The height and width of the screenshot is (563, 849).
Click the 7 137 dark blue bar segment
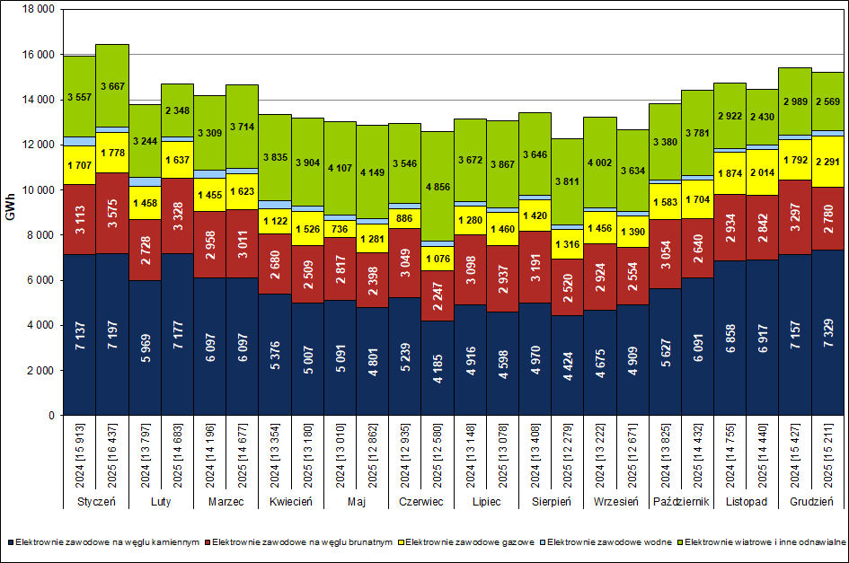[79, 335]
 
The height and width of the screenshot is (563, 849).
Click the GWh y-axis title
[11, 213]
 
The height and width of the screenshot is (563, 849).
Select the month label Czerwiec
[421, 501]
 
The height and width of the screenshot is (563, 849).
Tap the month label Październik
[680, 501]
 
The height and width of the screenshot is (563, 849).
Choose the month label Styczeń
[96, 501]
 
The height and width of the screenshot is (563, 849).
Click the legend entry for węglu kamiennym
[103, 542]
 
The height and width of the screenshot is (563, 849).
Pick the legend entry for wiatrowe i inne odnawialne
[763, 542]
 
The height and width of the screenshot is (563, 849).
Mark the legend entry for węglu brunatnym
[295, 542]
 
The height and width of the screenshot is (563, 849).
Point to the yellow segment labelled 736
[340, 228]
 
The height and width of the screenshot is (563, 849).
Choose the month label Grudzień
[810, 501]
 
